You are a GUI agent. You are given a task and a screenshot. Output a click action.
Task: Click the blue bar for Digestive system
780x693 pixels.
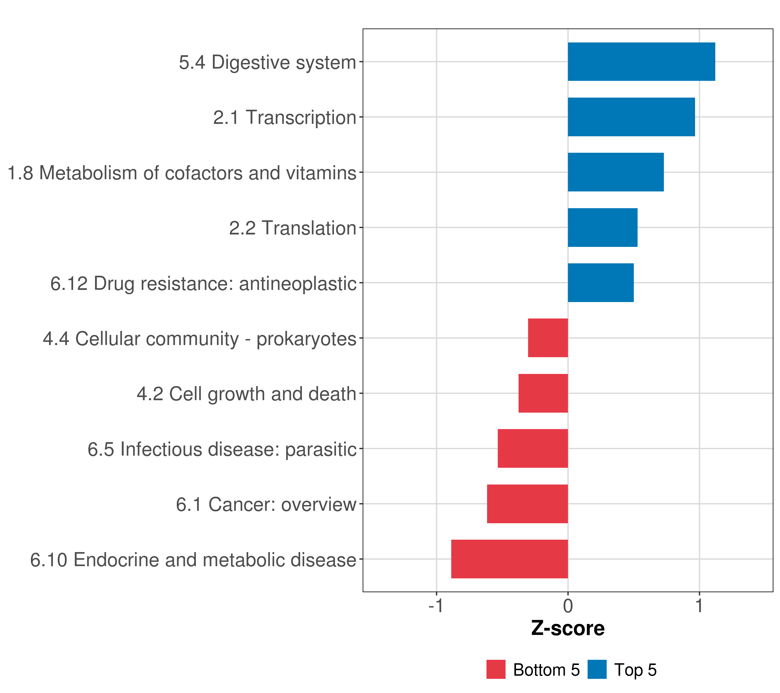coord(641,62)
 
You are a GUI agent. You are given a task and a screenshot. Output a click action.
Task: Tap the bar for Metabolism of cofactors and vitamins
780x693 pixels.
coord(616,172)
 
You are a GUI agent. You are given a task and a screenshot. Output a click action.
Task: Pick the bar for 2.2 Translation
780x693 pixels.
coord(603,227)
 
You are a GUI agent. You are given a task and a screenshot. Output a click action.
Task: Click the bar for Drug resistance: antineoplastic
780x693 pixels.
coord(601,283)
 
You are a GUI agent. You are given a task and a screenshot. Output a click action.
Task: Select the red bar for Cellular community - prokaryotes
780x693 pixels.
coord(548,338)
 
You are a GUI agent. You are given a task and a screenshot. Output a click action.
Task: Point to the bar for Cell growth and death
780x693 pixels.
coord(543,393)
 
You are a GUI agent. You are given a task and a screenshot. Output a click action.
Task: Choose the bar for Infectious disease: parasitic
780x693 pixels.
coord(533,448)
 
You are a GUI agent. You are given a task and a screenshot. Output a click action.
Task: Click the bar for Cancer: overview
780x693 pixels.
coord(528,504)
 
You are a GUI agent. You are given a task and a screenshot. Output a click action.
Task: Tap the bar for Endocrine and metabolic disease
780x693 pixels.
coord(509,559)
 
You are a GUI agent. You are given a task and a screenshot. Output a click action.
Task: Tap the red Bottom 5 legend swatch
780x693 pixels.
coord(496,669)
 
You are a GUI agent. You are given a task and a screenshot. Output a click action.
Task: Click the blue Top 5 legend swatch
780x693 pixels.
coord(597,669)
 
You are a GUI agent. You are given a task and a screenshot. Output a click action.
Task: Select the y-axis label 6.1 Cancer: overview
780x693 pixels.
coord(266,504)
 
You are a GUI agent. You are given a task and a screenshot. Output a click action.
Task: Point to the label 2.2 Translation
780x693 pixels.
coord(293,228)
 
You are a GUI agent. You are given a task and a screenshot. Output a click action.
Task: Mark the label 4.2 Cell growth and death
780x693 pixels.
coord(246,394)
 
